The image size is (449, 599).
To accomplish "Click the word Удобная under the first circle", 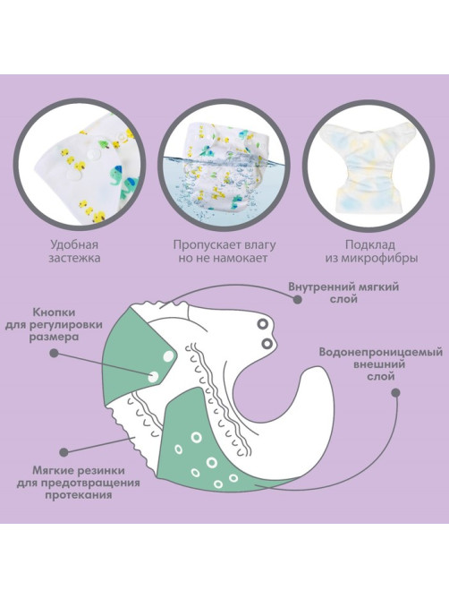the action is click(x=74, y=244).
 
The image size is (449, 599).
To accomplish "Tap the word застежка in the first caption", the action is click(x=74, y=258).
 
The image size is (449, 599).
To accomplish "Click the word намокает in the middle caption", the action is click(x=240, y=258).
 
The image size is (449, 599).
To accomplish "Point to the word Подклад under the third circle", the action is click(x=370, y=244).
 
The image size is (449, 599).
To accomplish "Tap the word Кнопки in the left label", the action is click(x=54, y=312).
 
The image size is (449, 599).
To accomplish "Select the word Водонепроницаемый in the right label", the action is click(x=381, y=352).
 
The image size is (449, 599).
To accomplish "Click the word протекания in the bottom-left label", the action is click(x=79, y=495).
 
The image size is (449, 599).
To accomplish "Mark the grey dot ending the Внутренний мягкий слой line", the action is click(x=297, y=299).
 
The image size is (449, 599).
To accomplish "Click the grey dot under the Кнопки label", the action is click(x=54, y=353).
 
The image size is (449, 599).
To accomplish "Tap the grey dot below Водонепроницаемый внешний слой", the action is click(x=396, y=393).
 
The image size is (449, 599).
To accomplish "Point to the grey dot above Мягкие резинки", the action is click(x=64, y=452).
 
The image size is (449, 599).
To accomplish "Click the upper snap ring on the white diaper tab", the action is click(x=262, y=324).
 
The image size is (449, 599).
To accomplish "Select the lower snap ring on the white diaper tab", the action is click(x=267, y=343).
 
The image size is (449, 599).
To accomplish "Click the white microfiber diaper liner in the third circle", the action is click(x=369, y=167).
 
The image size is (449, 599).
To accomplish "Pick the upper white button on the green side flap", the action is click(x=168, y=356).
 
